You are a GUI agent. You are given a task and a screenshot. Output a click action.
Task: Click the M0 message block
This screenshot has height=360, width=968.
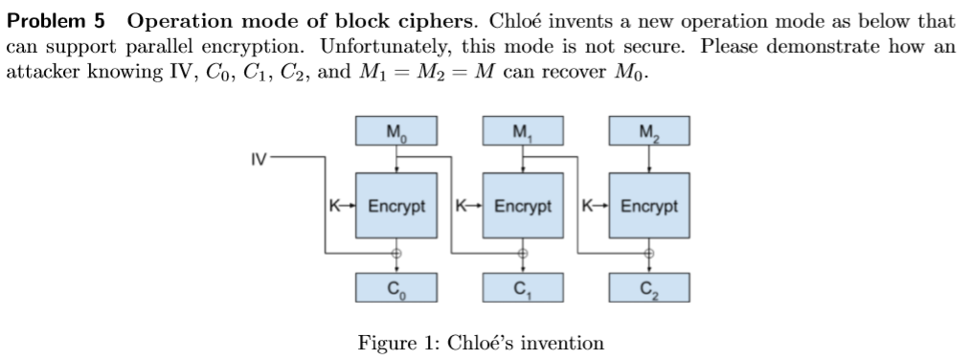[x=395, y=132]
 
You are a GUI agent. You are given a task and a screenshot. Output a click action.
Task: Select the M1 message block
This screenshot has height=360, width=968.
[x=522, y=132]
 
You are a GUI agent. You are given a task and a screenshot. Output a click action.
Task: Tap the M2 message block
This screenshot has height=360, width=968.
[x=648, y=132]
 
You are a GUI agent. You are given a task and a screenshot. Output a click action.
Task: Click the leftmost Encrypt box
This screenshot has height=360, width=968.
[x=396, y=206]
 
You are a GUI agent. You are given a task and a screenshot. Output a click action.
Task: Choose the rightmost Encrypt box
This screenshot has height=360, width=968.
[x=648, y=206]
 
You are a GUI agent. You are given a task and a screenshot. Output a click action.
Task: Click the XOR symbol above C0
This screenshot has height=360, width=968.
[x=396, y=254]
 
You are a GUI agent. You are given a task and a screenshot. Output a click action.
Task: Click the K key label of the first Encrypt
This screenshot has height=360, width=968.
[x=333, y=206]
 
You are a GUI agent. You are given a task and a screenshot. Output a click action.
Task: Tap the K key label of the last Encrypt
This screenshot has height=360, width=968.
[x=588, y=206]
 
